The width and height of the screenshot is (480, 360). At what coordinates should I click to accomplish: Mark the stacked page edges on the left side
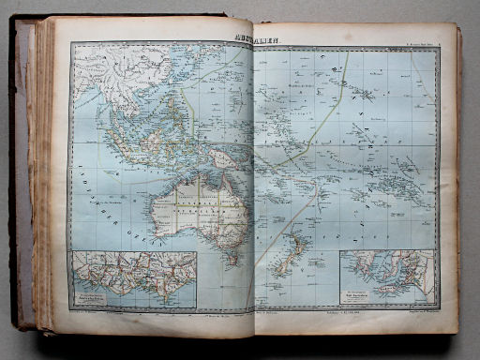coord(42,187)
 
